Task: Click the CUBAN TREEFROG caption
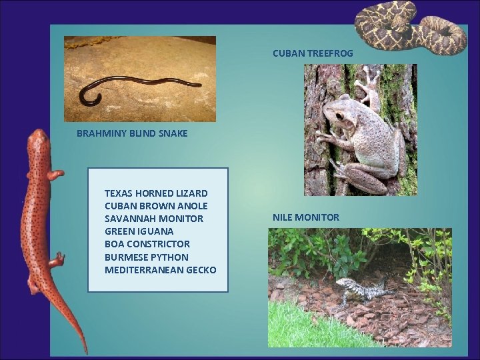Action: [313, 53]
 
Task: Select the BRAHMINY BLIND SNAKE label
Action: [132, 133]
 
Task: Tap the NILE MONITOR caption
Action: [305, 217]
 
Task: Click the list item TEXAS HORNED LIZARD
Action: [156, 193]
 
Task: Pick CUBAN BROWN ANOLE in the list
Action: [156, 206]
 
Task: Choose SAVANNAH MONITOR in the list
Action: [154, 219]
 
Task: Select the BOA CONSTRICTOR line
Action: [147, 244]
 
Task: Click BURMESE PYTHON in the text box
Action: [147, 257]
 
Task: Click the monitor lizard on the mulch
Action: [360, 291]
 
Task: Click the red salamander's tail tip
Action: [84, 350]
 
